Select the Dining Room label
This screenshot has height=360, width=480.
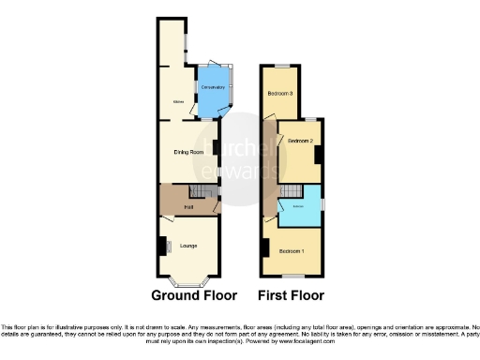coord(188,152)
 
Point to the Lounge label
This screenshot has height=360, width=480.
coord(188,247)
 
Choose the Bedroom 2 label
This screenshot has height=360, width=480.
coord(300,141)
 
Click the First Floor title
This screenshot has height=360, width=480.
coord(292,294)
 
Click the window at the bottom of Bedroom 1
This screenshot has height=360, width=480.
coord(296,276)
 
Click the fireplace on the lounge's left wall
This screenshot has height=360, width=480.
coord(161,247)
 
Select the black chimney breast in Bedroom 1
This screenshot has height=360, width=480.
coord(266,247)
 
